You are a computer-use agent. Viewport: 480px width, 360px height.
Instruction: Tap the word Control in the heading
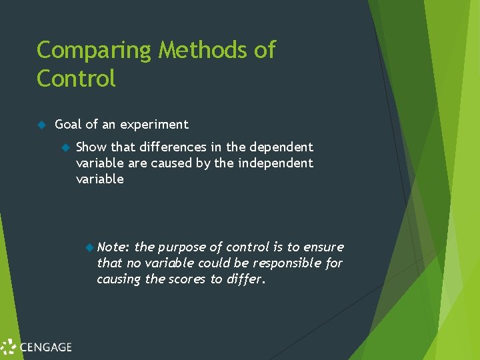pyautogui.click(x=76, y=79)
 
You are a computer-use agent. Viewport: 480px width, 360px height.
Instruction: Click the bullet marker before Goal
pyautogui.click(x=41, y=125)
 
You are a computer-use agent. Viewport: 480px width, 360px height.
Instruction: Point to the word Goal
pyautogui.click(x=69, y=125)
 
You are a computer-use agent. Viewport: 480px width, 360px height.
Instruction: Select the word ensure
pyautogui.click(x=323, y=247)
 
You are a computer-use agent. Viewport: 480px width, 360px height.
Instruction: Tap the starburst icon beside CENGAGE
pyautogui.click(x=8, y=347)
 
